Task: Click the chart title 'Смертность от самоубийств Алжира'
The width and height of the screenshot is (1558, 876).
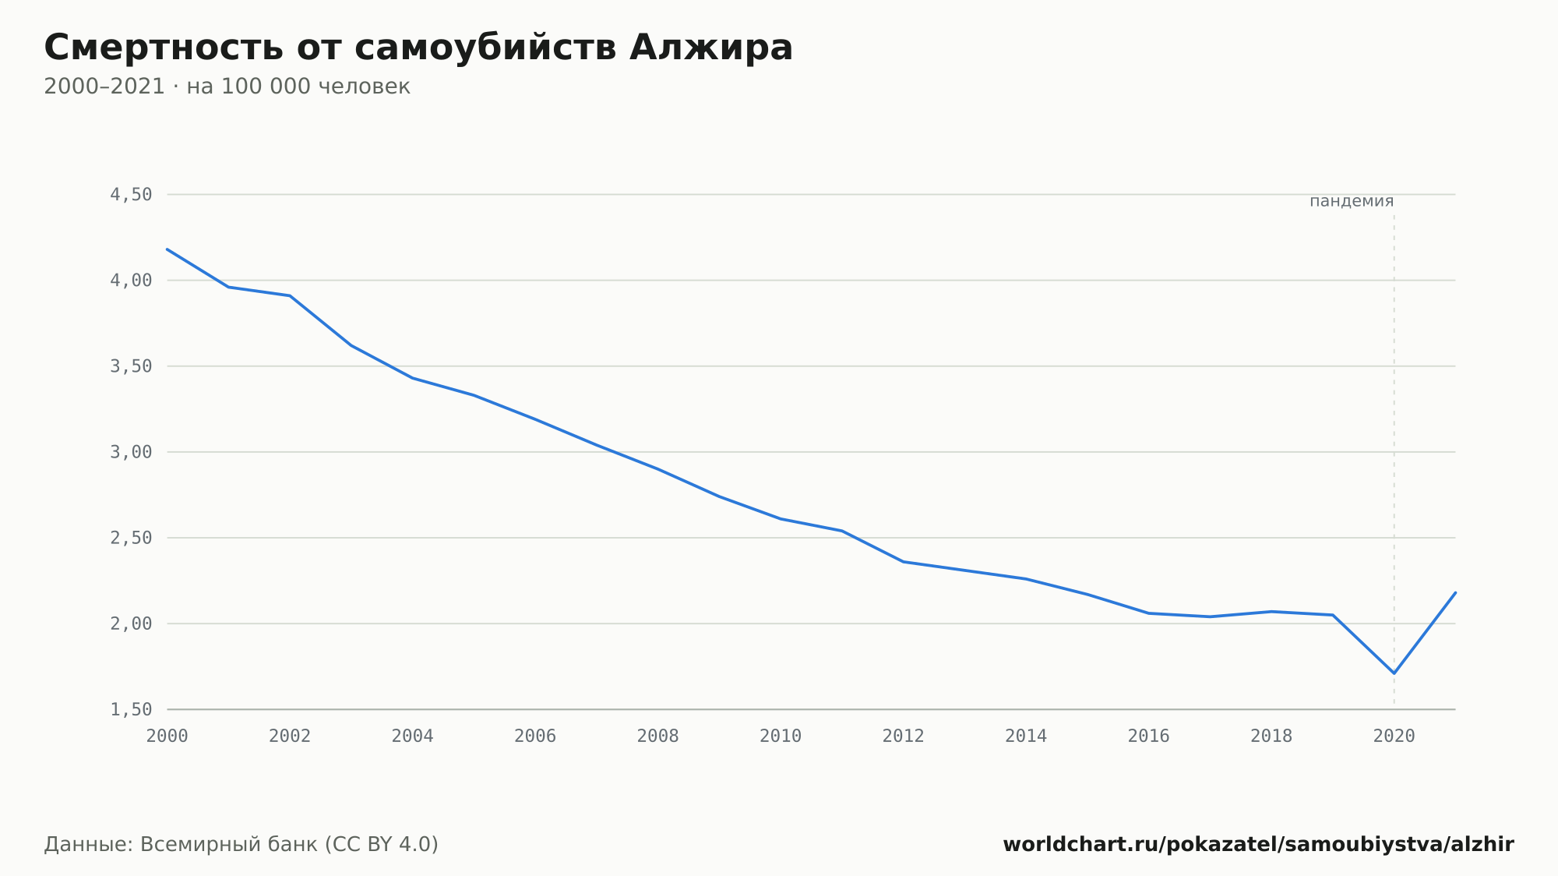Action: point(418,48)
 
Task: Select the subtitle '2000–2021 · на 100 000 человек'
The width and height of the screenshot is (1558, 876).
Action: point(227,87)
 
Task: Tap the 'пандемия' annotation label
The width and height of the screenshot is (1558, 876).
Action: point(1352,201)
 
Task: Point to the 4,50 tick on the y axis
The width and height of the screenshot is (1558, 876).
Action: point(131,195)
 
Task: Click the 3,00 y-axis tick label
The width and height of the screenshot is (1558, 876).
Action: point(131,452)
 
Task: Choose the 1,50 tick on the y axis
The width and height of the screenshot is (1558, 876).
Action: point(131,709)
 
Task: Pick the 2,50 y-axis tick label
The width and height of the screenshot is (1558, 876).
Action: point(131,538)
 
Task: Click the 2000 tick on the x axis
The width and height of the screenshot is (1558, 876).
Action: point(167,736)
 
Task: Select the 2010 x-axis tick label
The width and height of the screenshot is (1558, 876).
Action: point(781,736)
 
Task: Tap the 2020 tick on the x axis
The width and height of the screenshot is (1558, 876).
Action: point(1394,736)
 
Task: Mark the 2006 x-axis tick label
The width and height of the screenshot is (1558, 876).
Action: point(535,736)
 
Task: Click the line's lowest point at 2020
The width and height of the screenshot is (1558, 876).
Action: point(1394,673)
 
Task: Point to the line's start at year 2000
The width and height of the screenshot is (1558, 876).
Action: point(167,249)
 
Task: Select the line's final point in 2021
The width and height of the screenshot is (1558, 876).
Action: point(1455,592)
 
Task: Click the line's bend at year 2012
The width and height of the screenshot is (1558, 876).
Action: point(904,562)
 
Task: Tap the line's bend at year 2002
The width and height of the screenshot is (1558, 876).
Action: point(290,295)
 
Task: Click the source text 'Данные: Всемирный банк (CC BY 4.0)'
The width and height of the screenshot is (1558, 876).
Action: point(241,844)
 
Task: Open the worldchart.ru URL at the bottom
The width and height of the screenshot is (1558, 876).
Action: point(1258,844)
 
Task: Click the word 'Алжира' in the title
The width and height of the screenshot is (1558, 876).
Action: point(711,48)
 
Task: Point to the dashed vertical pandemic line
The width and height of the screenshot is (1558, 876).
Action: point(1394,460)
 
